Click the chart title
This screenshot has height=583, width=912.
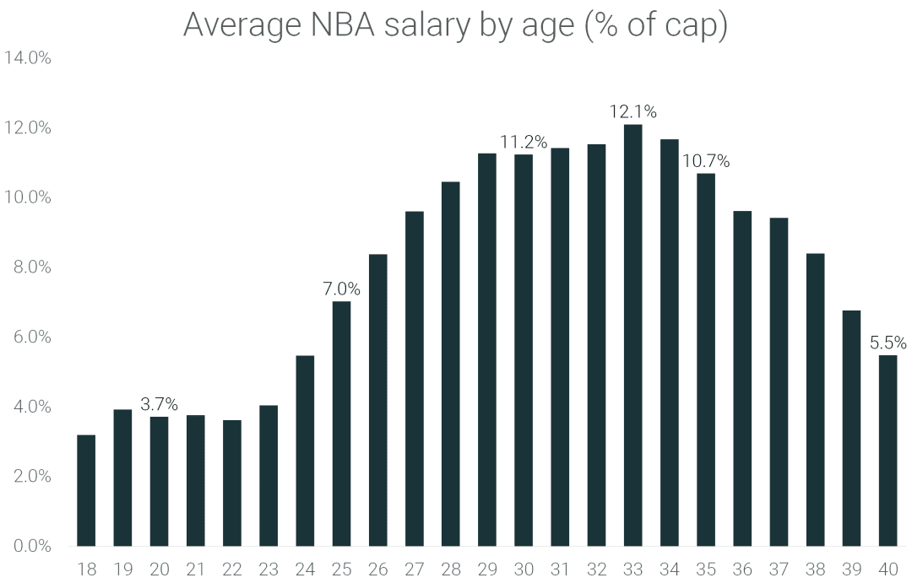click(x=455, y=25)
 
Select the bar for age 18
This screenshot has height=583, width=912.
click(x=86, y=490)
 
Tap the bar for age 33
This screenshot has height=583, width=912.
click(x=632, y=335)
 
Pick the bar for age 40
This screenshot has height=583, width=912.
click(x=888, y=451)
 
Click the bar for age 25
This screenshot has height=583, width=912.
click(x=341, y=424)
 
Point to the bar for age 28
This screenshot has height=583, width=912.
click(x=451, y=364)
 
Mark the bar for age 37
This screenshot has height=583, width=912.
click(x=779, y=381)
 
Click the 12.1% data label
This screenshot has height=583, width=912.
click(x=632, y=111)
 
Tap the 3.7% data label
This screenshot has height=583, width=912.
click(x=159, y=404)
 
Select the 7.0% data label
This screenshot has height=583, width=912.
click(x=341, y=289)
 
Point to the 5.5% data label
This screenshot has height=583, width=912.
click(x=888, y=343)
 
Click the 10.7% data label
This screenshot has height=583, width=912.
click(x=706, y=160)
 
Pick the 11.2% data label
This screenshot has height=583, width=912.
click(x=524, y=142)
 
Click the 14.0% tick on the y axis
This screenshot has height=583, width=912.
click(x=28, y=58)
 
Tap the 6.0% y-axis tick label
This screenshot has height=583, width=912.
click(x=30, y=337)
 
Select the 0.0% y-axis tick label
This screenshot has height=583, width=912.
click(x=30, y=546)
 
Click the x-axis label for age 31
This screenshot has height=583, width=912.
click(x=560, y=570)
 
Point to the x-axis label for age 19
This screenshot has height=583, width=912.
click(x=122, y=570)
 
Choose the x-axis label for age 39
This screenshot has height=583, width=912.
click(x=851, y=570)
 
